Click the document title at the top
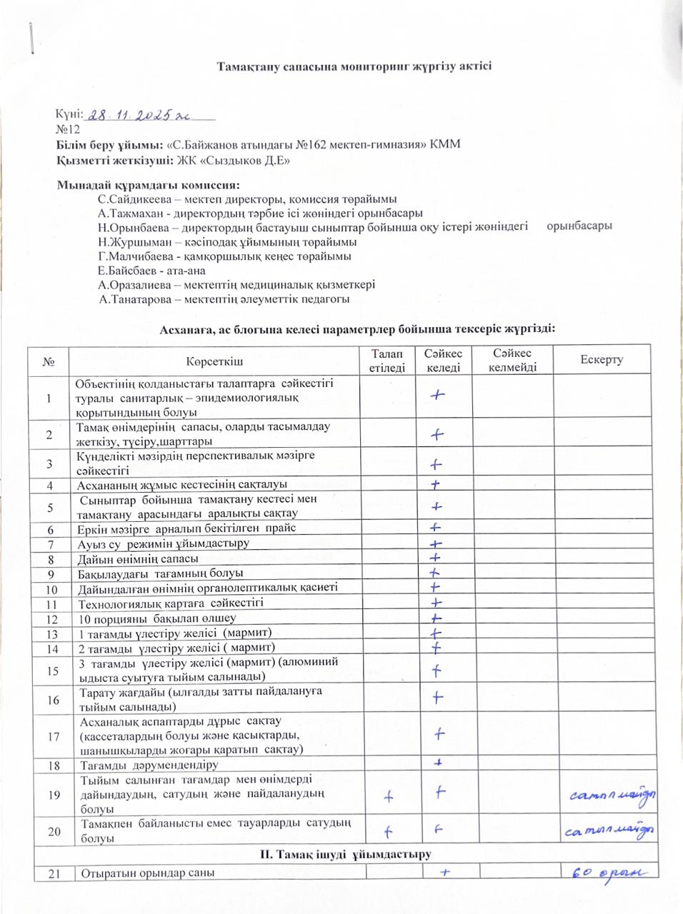click(354, 66)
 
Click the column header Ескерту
click(601, 360)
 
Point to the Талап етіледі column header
click(387, 361)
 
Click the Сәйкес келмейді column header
click(512, 361)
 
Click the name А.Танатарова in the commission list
click(134, 299)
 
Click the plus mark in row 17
click(439, 733)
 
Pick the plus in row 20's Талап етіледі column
click(388, 831)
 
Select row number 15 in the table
click(50, 671)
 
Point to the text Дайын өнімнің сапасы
click(138, 558)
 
